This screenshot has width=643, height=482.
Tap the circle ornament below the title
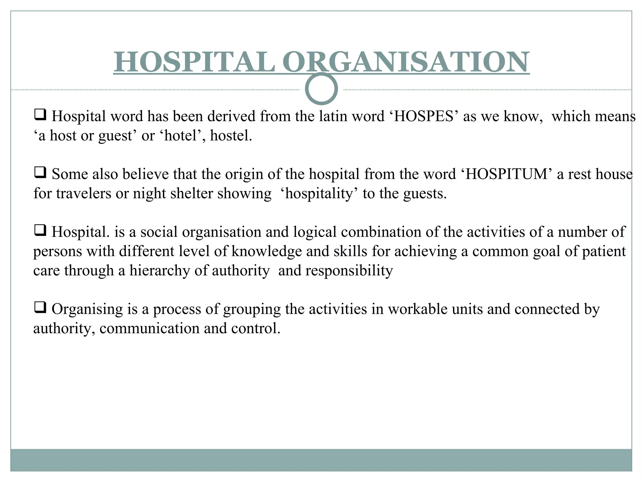[x=321, y=88]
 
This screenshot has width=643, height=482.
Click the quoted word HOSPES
[x=424, y=116]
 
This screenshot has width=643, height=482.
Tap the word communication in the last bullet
[x=149, y=329]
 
